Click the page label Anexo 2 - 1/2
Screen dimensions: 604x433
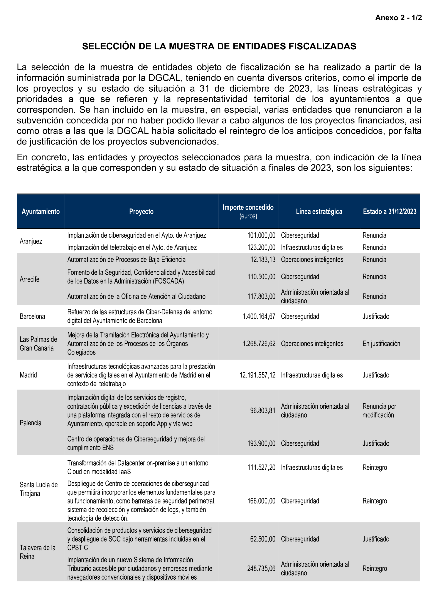tap(398, 18)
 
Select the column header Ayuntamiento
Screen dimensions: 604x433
tap(40, 211)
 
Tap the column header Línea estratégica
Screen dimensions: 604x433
tap(319, 211)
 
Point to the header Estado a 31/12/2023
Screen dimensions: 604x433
tap(389, 211)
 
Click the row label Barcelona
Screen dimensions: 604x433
tap(32, 316)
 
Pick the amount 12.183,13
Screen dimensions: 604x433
tap(263, 259)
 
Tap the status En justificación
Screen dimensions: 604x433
tap(381, 344)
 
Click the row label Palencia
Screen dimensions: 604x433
tap(30, 423)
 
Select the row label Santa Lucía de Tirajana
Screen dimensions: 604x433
tap(38, 489)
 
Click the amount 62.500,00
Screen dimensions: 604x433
tap(263, 539)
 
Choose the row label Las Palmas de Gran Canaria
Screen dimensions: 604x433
tap(38, 344)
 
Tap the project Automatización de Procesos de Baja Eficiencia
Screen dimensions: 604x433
tap(126, 259)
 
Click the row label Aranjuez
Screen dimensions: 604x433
tap(31, 241)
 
